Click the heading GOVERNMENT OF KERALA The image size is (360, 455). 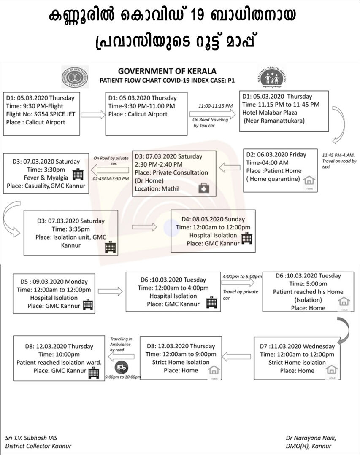(x=167, y=71)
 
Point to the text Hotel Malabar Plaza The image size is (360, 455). (x=270, y=113)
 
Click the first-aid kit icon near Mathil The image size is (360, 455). (x=205, y=188)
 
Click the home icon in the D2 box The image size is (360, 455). (x=309, y=180)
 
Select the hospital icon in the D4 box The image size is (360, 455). (x=247, y=239)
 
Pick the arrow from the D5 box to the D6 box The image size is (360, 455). (x=110, y=291)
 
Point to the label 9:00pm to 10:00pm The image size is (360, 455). (x=122, y=377)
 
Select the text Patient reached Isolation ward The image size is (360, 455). (x=59, y=362)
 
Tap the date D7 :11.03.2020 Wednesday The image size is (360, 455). (x=297, y=346)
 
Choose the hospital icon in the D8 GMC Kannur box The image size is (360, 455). (x=93, y=373)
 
